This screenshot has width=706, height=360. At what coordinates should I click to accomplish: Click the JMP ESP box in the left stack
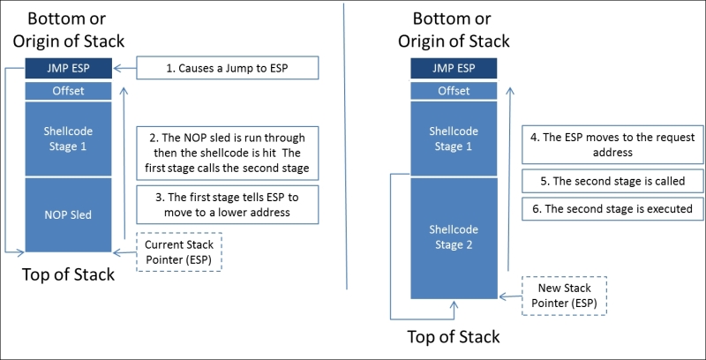pyautogui.click(x=70, y=68)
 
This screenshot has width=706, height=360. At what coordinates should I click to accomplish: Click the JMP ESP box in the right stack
pyautogui.click(x=454, y=68)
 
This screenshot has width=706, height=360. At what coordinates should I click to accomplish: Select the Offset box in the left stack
pyautogui.click(x=70, y=90)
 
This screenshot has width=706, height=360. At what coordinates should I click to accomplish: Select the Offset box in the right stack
pyautogui.click(x=454, y=90)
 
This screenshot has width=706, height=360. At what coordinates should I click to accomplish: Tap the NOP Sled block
pyautogui.click(x=70, y=214)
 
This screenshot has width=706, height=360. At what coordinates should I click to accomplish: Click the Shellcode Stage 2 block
pyautogui.click(x=454, y=237)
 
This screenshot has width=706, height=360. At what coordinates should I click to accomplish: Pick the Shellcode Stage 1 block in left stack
pyautogui.click(x=70, y=138)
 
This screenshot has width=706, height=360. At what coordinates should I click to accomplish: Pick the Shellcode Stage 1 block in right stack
pyautogui.click(x=454, y=138)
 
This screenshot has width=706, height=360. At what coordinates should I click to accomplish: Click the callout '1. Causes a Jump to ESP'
pyautogui.click(x=226, y=68)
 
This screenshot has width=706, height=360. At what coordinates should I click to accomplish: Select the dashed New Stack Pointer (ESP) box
pyautogui.click(x=564, y=295)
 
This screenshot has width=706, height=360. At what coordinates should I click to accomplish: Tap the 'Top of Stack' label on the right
pyautogui.click(x=454, y=336)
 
